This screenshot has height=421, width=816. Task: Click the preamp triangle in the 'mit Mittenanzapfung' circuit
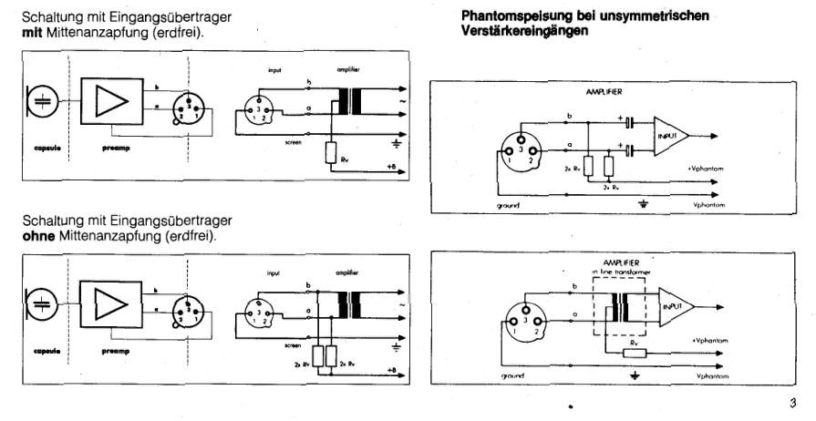(x=110, y=103)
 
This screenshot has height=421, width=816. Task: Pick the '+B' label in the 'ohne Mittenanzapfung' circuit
(x=391, y=370)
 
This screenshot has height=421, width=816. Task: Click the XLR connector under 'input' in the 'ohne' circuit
(x=260, y=312)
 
